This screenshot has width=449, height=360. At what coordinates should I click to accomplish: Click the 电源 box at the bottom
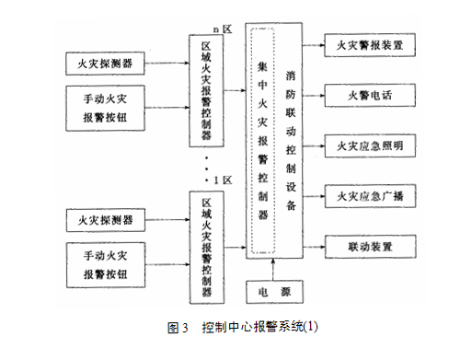click(273, 293)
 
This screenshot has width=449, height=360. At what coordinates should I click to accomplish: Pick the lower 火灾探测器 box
click(103, 221)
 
